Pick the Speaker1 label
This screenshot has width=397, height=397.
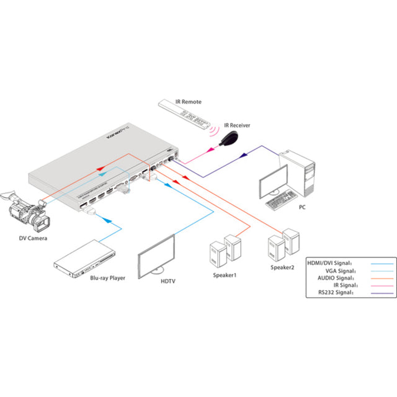[225, 274]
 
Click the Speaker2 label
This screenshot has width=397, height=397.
[283, 268]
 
